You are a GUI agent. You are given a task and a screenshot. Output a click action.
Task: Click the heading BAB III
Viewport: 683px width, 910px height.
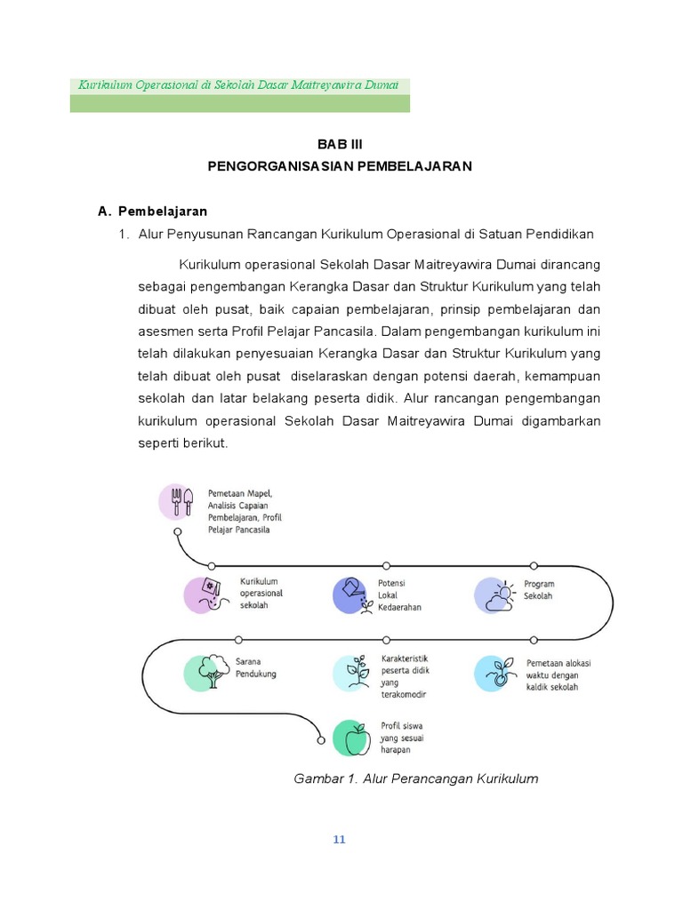(341, 144)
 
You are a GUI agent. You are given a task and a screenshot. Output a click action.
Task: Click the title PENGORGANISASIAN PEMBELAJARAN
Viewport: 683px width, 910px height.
(341, 166)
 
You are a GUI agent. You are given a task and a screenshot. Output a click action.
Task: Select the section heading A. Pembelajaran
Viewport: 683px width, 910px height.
(152, 212)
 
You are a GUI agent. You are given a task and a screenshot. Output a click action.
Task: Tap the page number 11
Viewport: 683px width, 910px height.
(339, 841)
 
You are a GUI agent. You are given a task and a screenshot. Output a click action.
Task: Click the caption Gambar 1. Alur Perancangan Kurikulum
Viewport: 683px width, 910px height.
(416, 778)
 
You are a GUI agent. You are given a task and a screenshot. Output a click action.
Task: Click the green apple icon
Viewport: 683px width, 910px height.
(353, 738)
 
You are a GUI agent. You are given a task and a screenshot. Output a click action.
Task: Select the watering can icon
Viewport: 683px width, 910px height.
(352, 595)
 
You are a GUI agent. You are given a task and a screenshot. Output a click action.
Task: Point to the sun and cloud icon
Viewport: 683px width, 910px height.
(494, 595)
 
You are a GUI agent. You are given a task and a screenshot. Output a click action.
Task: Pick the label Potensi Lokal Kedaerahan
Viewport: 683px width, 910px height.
(400, 595)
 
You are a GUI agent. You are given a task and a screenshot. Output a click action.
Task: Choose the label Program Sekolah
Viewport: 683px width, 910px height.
(539, 590)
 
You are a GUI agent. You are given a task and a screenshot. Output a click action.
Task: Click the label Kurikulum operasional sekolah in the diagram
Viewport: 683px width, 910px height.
(261, 593)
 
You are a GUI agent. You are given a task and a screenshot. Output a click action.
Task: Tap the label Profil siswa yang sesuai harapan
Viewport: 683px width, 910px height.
(402, 738)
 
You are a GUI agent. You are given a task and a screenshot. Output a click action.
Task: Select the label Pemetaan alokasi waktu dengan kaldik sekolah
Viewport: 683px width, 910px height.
(558, 675)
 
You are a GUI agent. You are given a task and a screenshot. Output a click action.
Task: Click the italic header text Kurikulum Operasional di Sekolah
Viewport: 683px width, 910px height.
(238, 85)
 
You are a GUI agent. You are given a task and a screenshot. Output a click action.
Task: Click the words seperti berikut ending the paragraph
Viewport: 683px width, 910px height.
(184, 443)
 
